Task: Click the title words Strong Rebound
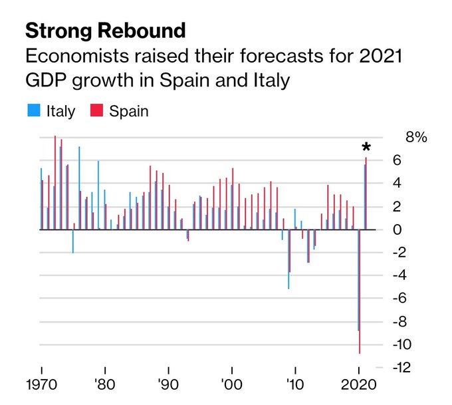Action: [x=105, y=31]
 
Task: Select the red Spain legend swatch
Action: [x=94, y=110]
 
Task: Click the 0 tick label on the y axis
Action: [x=397, y=229]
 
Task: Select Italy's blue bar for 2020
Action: [x=358, y=279]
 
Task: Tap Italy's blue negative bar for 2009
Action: [x=288, y=259]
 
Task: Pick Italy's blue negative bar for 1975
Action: [x=72, y=241]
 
